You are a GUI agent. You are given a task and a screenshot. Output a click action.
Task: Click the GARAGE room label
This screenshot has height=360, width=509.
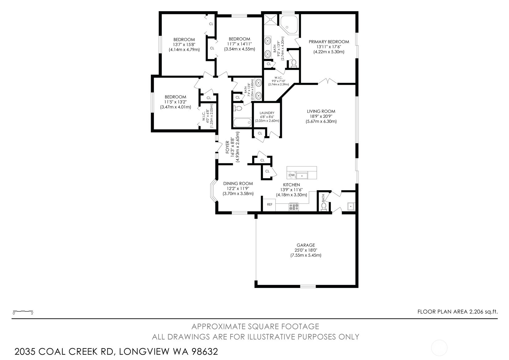click(306, 245)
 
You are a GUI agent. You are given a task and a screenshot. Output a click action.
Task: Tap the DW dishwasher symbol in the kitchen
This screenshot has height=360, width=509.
click(292, 175)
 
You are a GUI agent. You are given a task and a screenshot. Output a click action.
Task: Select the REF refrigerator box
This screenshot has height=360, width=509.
click(269, 204)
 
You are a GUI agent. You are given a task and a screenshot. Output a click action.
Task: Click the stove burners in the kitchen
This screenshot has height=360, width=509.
click(294, 206)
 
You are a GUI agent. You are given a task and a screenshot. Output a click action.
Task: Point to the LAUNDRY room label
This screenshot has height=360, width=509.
click(267, 113)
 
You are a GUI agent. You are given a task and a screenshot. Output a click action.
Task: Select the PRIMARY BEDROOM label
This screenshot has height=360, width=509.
click(329, 42)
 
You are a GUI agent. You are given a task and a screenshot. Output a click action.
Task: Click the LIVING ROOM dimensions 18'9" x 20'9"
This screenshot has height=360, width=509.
click(321, 116)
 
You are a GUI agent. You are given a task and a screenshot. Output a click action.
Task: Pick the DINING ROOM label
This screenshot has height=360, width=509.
click(238, 183)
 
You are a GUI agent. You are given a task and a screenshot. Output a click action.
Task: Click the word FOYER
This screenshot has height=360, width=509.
click(227, 148)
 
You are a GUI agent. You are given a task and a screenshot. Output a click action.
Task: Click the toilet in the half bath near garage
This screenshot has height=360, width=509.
click(324, 206)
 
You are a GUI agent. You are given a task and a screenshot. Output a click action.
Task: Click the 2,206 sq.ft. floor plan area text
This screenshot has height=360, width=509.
click(483, 312)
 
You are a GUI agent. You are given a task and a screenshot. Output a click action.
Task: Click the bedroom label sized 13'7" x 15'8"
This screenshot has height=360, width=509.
click(184, 39)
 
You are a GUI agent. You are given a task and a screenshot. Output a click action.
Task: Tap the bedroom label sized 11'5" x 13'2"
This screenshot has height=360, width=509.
click(175, 97)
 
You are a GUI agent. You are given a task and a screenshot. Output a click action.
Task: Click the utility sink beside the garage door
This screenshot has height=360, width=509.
click(350, 206)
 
